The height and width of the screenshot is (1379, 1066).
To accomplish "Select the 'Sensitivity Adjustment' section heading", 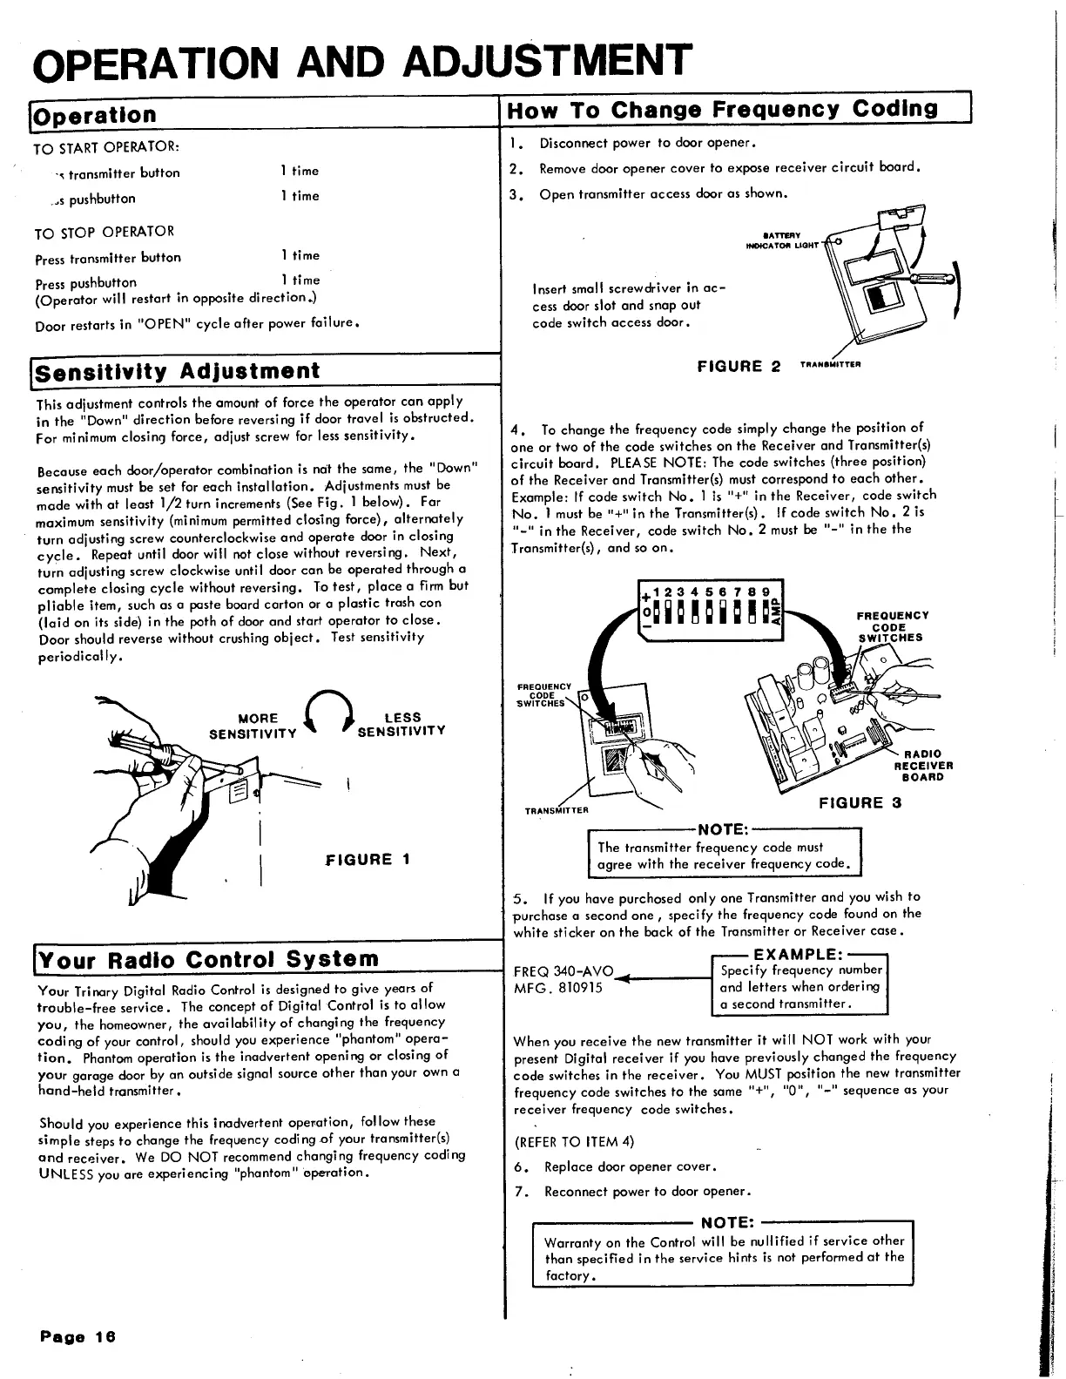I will tap(179, 372).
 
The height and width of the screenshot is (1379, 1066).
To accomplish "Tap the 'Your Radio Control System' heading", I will tap(209, 959).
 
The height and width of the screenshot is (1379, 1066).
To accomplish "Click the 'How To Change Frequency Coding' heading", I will tap(723, 110).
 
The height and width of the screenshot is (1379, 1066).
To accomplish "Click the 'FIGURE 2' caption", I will tap(739, 366).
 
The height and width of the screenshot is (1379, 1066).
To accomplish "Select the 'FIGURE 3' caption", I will tap(860, 803).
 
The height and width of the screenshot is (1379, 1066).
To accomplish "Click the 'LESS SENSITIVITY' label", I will tap(401, 724).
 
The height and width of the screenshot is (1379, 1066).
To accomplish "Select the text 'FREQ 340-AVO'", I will tap(563, 971).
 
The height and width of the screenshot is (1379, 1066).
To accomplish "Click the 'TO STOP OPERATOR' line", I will tap(105, 232).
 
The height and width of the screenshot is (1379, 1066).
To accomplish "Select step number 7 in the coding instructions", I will tap(519, 1192).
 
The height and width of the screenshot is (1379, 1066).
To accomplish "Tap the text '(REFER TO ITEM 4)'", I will tap(575, 1141).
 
